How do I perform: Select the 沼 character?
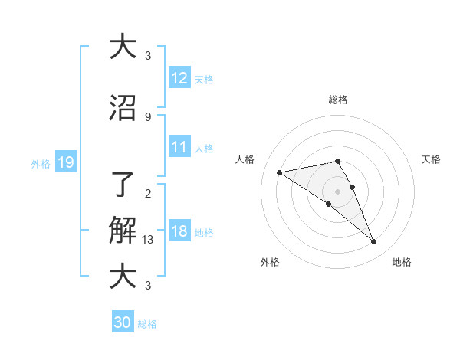pyautogui.click(x=123, y=108)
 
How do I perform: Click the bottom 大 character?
pyautogui.click(x=123, y=277)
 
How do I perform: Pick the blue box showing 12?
pyautogui.click(x=179, y=78)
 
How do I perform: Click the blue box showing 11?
pyautogui.click(x=179, y=147)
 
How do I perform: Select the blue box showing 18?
pyautogui.click(x=179, y=231)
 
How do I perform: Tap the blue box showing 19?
pyautogui.click(x=65, y=162)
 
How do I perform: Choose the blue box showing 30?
pyautogui.click(x=123, y=322)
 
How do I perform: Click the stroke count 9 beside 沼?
pyautogui.click(x=147, y=116)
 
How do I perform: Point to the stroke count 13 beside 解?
pyautogui.click(x=148, y=240)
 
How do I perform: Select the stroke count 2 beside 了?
pyautogui.click(x=147, y=193)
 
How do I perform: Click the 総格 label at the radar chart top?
pyautogui.click(x=338, y=100)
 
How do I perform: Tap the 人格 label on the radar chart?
pyautogui.click(x=245, y=159)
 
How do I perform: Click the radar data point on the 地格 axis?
pyautogui.click(x=374, y=242)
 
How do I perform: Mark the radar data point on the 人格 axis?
pyautogui.click(x=279, y=172)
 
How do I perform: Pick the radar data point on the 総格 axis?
pyautogui.click(x=337, y=161)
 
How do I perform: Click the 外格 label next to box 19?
pyautogui.click(x=41, y=162)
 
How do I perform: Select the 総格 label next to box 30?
pyautogui.click(x=147, y=324)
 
